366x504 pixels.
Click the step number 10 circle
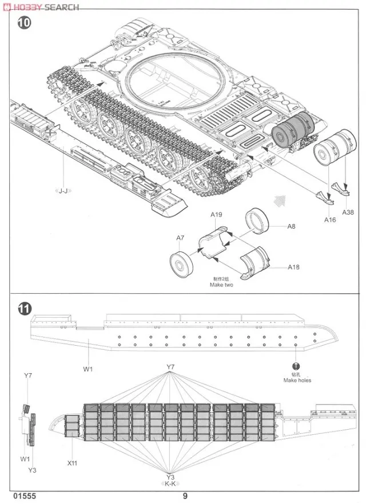click(x=23, y=24)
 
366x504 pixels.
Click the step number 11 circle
click(x=23, y=309)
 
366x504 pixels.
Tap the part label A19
click(x=216, y=214)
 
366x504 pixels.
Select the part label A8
click(x=291, y=226)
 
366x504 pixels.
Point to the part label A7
click(x=180, y=238)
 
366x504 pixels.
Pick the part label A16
click(x=329, y=219)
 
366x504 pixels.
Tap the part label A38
click(x=348, y=211)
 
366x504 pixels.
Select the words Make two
click(x=222, y=285)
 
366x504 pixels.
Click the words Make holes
click(x=297, y=380)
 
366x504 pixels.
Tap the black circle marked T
click(x=296, y=367)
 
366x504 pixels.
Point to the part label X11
click(x=71, y=463)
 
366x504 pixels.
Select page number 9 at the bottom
click(x=185, y=496)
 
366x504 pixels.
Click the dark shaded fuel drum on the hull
click(x=292, y=130)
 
